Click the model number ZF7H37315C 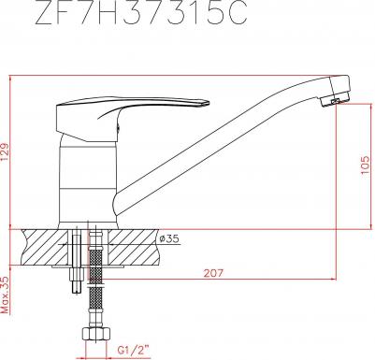click(141, 12)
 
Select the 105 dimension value click(367, 165)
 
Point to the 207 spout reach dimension click(214, 273)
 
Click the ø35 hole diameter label click(170, 238)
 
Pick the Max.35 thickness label click(6, 295)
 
